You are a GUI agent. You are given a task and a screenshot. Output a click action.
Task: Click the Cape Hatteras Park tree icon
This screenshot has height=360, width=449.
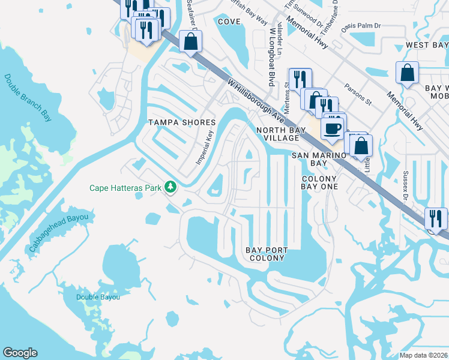[171, 188]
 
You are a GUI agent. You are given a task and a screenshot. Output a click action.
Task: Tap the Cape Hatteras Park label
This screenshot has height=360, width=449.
[125, 188]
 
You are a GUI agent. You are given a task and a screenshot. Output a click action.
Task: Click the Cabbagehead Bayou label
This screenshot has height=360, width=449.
[58, 233]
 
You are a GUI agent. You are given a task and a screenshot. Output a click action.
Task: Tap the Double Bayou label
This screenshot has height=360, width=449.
[98, 297]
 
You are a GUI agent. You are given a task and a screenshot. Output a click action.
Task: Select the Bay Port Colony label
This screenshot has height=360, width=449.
[267, 254]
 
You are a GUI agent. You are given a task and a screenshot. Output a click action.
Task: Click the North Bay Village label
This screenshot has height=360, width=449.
[277, 134]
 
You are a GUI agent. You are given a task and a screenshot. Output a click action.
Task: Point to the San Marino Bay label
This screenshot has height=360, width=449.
[318, 159]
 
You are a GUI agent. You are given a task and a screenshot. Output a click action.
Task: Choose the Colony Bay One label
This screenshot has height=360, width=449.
[320, 182]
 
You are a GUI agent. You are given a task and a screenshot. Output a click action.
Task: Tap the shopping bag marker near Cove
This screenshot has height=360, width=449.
[190, 42]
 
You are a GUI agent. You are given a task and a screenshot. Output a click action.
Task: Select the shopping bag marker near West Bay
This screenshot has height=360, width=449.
[407, 73]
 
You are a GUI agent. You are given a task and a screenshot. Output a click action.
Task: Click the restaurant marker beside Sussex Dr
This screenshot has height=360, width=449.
[436, 218]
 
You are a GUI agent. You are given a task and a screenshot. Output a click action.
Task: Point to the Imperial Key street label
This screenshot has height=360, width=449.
[205, 148]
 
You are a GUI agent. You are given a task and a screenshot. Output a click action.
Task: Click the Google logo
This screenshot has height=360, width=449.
[20, 353]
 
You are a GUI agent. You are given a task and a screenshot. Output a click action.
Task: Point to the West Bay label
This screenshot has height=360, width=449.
[426, 45]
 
